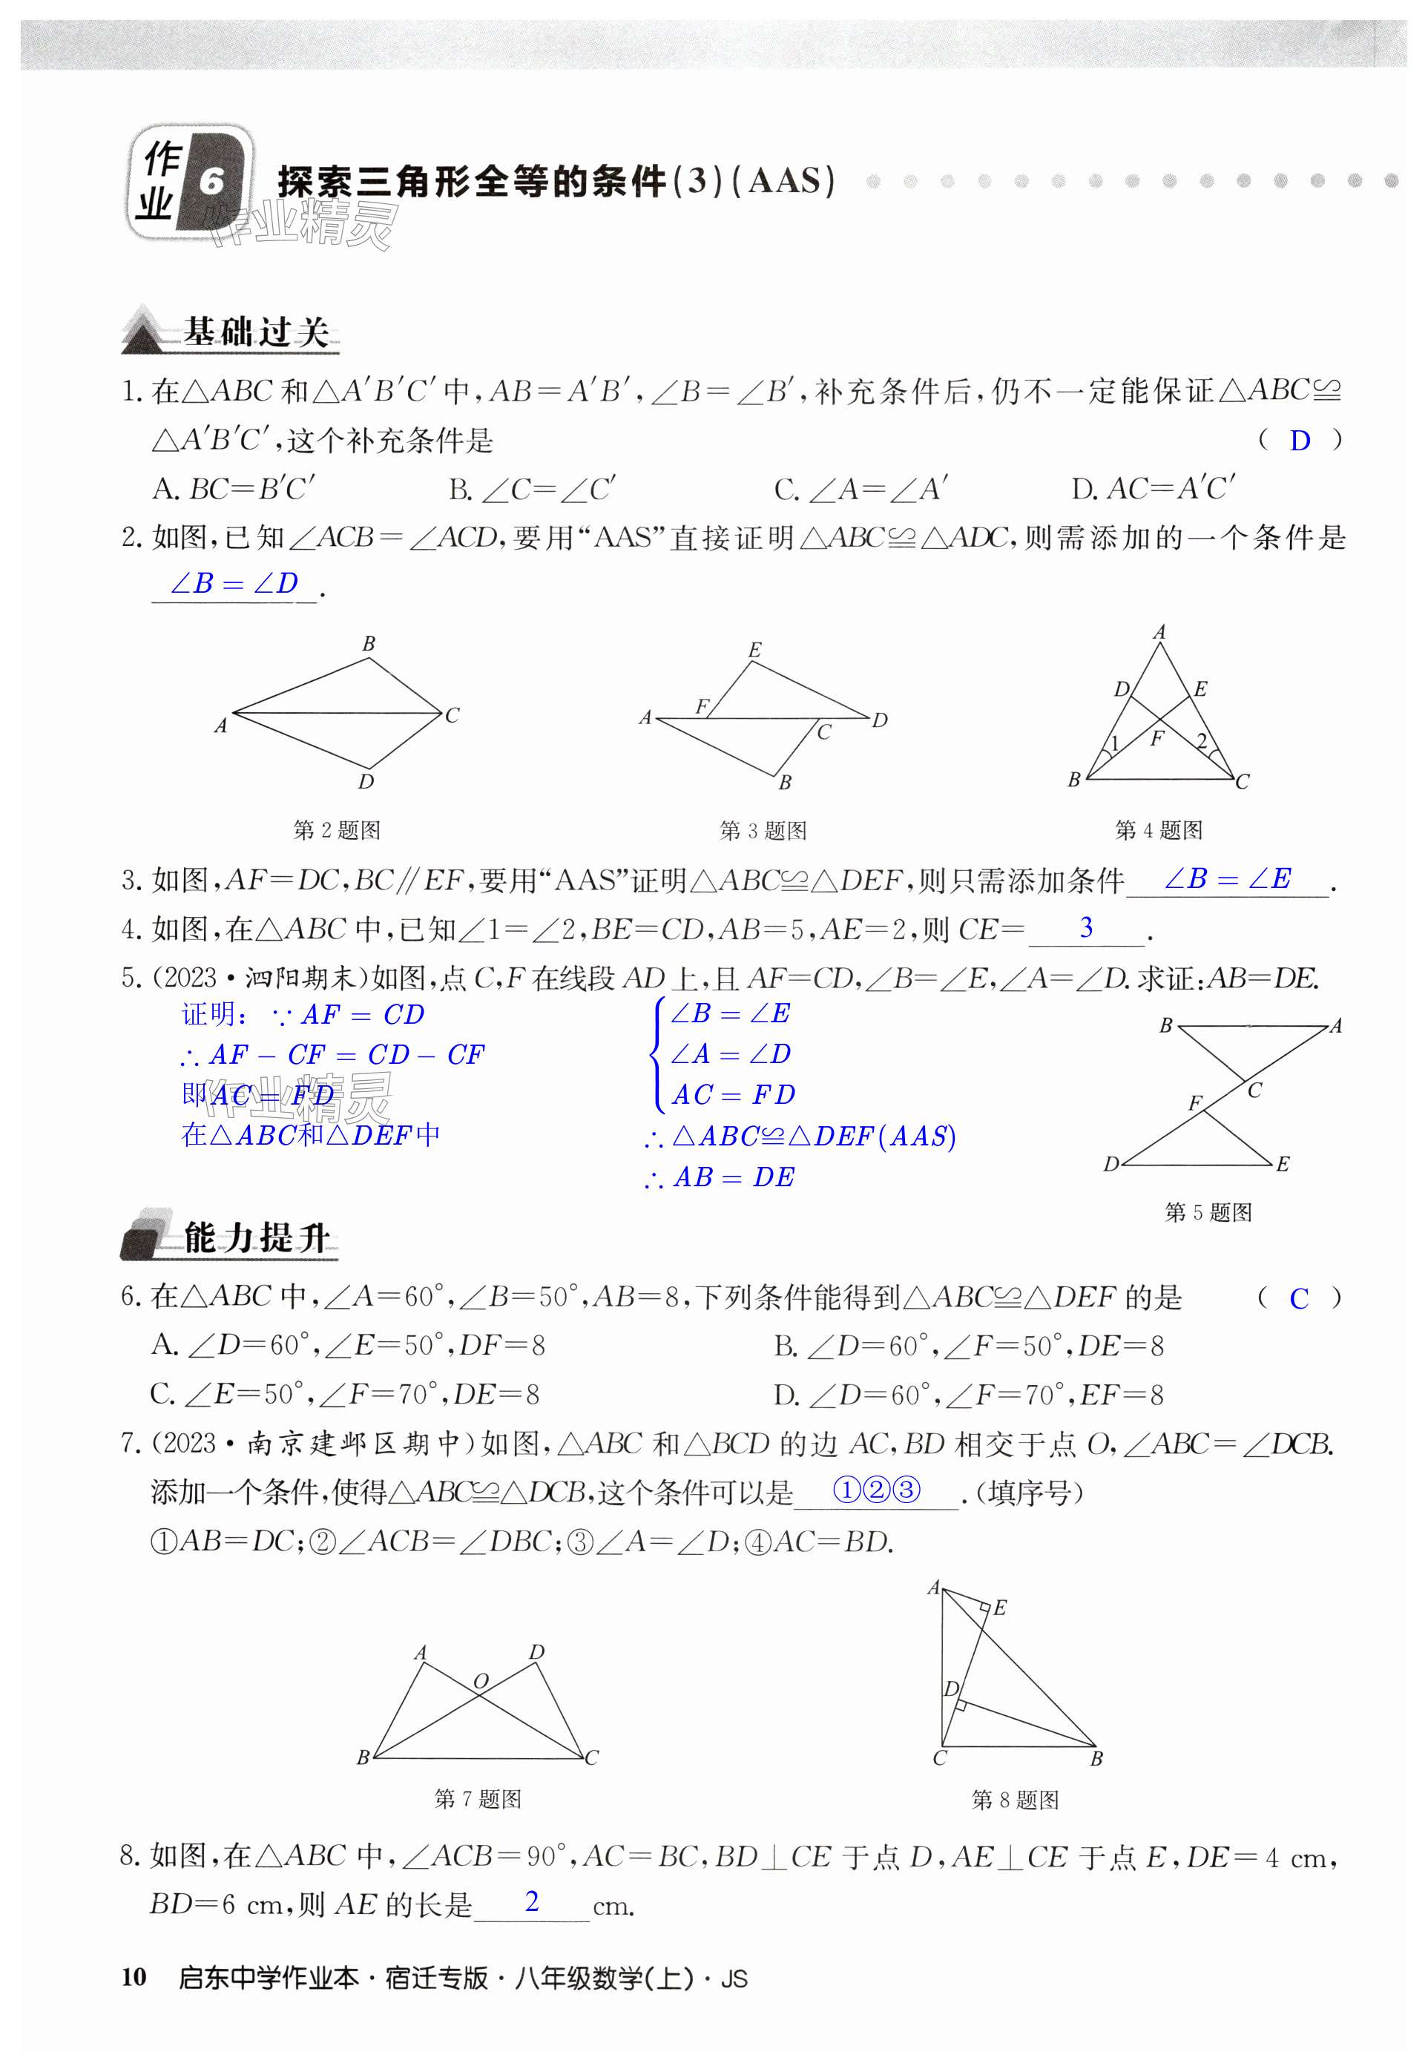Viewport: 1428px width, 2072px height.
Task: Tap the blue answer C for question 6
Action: pos(1298,1298)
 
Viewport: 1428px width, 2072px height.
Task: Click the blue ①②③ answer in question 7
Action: pos(876,1490)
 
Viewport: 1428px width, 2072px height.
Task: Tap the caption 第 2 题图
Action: pos(337,830)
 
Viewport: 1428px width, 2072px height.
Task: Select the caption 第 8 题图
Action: pos(1015,1799)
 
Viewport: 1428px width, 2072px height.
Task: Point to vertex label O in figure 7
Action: pos(481,1682)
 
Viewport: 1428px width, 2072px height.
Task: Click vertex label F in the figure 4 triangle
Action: pos(1157,738)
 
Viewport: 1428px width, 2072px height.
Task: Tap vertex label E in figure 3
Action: pos(754,651)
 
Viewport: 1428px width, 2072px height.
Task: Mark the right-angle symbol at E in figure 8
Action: pos(984,1608)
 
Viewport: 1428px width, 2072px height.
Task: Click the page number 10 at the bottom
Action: pos(134,1977)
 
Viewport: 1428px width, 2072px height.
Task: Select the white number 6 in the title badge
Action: pos(211,182)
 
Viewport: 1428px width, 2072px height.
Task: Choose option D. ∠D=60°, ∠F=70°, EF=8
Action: pos(968,1395)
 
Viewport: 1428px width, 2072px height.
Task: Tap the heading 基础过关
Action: pos(256,332)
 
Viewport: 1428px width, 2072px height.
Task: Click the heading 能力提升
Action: pos(256,1238)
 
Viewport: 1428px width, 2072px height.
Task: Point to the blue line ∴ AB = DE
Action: pos(720,1177)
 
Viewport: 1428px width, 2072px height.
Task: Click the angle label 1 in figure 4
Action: pos(1114,743)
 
